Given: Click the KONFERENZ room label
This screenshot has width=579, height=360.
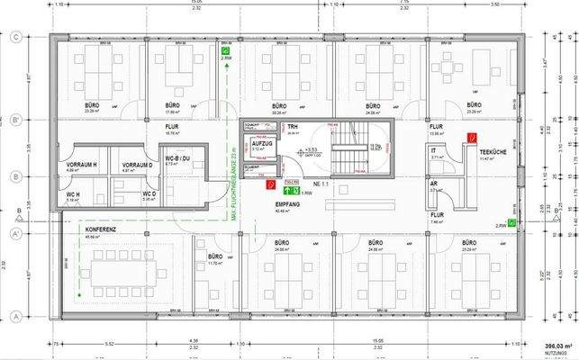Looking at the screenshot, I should [100, 229].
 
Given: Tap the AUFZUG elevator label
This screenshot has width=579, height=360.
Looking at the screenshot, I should [262, 144].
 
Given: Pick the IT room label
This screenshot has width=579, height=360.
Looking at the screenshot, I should [433, 150].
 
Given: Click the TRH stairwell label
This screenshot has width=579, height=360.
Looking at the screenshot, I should [293, 128].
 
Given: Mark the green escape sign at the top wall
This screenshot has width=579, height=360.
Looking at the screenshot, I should [227, 52].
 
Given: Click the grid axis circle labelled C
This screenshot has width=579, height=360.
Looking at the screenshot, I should [16, 38].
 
